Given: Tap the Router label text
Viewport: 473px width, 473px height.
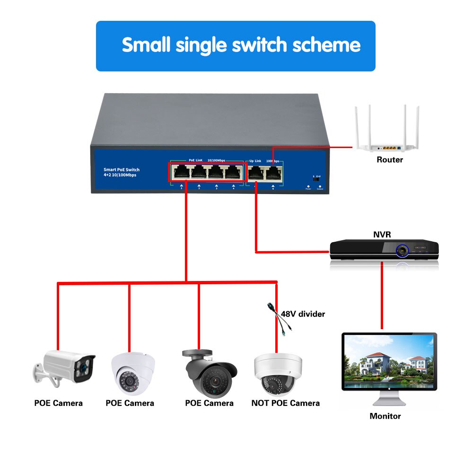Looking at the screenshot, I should coord(389,159).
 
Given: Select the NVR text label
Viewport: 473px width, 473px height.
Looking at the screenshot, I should coord(382,234).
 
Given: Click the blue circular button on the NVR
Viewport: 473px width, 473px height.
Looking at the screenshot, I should coord(402,249).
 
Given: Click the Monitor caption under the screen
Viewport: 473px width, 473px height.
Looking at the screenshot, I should coord(385,416).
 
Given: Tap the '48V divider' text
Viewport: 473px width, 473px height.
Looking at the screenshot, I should coord(303,314).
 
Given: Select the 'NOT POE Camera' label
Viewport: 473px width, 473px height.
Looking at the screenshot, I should coord(285,403).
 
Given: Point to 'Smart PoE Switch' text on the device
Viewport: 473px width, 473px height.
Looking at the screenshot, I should coord(122,169).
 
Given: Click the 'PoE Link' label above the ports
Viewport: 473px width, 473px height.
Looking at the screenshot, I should coord(195,160).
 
